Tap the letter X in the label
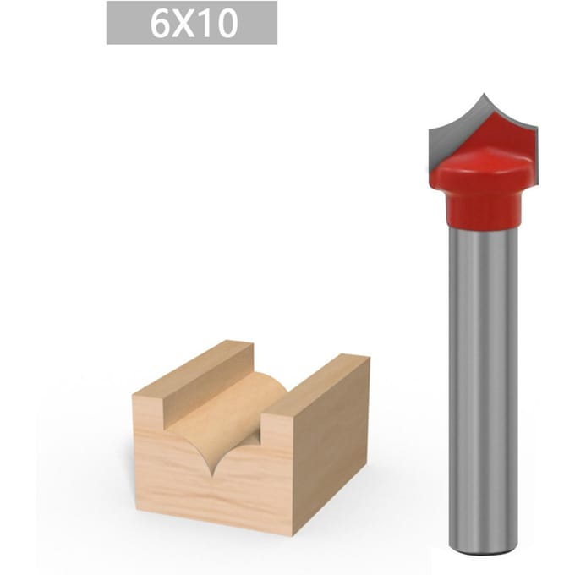coord(183,24)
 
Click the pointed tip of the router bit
coord(484,94)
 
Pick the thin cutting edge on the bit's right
coord(534,154)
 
